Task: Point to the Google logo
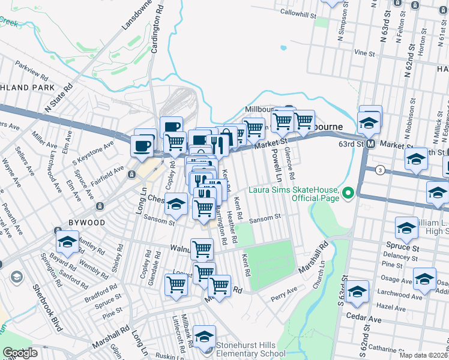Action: click(19, 353)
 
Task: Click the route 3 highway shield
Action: click(379, 170)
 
